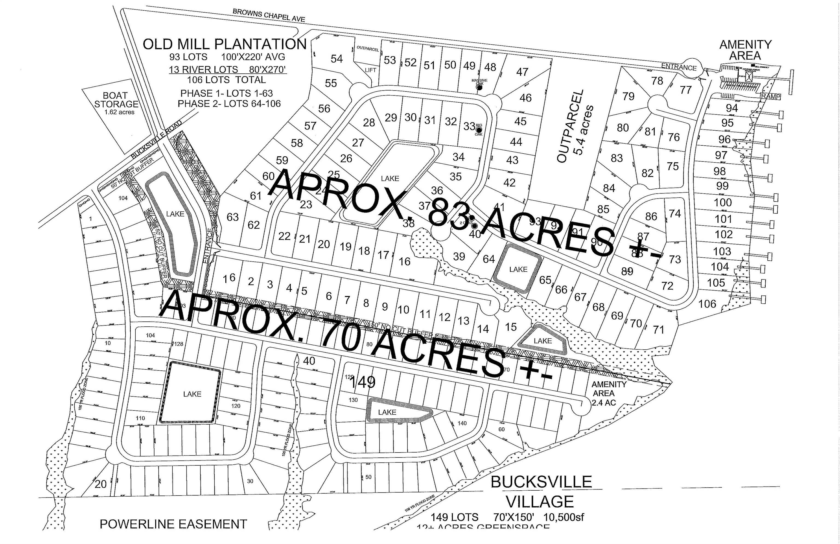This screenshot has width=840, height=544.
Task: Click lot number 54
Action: tap(337, 59)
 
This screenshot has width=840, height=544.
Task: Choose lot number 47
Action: tap(522, 72)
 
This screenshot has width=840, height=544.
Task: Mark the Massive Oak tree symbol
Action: tap(479, 87)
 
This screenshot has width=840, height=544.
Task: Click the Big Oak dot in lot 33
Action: tap(479, 130)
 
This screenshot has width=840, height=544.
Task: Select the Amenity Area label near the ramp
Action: tap(745, 50)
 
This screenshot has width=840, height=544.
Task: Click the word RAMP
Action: tap(771, 96)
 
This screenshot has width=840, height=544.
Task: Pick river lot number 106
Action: tap(707, 304)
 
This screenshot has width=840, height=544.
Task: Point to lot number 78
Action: tap(657, 81)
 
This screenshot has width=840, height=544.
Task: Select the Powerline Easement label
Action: tap(173, 524)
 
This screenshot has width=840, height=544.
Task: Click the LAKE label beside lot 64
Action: tap(518, 269)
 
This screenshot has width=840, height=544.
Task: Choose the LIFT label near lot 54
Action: tap(371, 70)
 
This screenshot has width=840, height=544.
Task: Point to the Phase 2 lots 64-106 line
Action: tap(229, 104)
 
